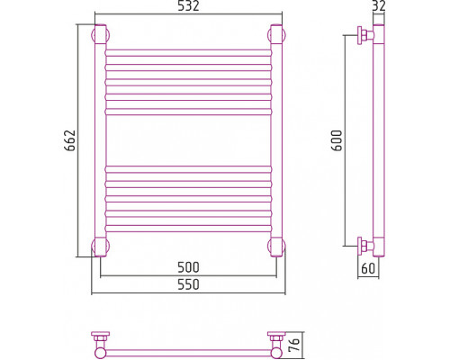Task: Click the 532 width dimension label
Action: pyautogui.click(x=188, y=6)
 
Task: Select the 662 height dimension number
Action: pyautogui.click(x=70, y=140)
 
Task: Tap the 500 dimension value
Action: pyautogui.click(x=188, y=267)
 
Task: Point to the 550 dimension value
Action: pyautogui.click(x=188, y=284)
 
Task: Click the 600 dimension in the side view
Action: pyautogui.click(x=337, y=140)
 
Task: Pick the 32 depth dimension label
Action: pyautogui.click(x=379, y=6)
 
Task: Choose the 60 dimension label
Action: pyautogui.click(x=368, y=268)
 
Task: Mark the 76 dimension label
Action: pyautogui.click(x=294, y=345)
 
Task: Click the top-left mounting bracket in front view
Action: pyautogui.click(x=100, y=35)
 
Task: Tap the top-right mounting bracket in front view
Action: pyautogui.click(x=276, y=35)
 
